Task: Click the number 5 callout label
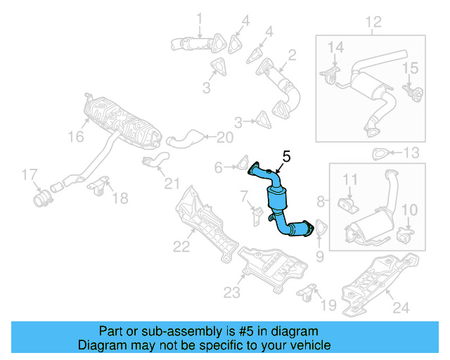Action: click(x=286, y=156)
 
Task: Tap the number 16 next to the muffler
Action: click(x=75, y=138)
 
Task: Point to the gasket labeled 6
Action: click(x=240, y=167)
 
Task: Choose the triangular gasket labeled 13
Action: click(x=380, y=153)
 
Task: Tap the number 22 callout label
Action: click(x=182, y=245)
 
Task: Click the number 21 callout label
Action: click(x=172, y=184)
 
